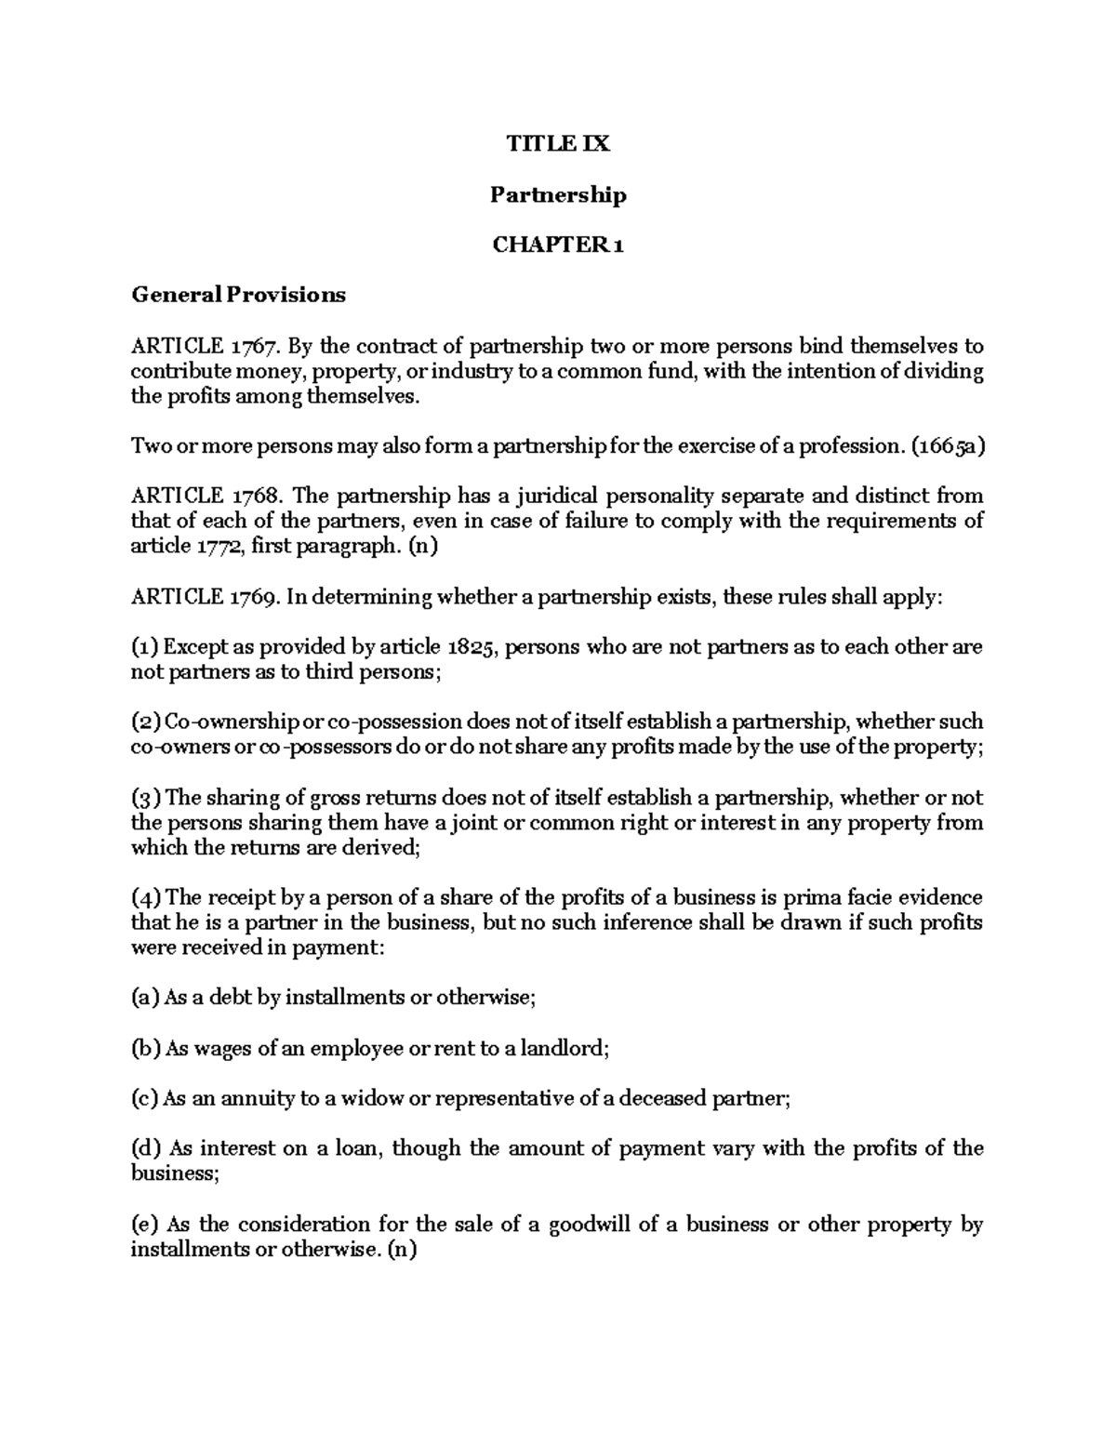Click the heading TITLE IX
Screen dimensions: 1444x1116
click(558, 144)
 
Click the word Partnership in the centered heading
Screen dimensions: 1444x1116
click(558, 194)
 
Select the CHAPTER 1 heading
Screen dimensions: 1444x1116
click(558, 245)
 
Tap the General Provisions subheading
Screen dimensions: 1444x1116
click(238, 295)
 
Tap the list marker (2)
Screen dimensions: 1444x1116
click(146, 722)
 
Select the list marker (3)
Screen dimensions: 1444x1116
click(146, 798)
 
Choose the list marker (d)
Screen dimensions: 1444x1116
click(146, 1149)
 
